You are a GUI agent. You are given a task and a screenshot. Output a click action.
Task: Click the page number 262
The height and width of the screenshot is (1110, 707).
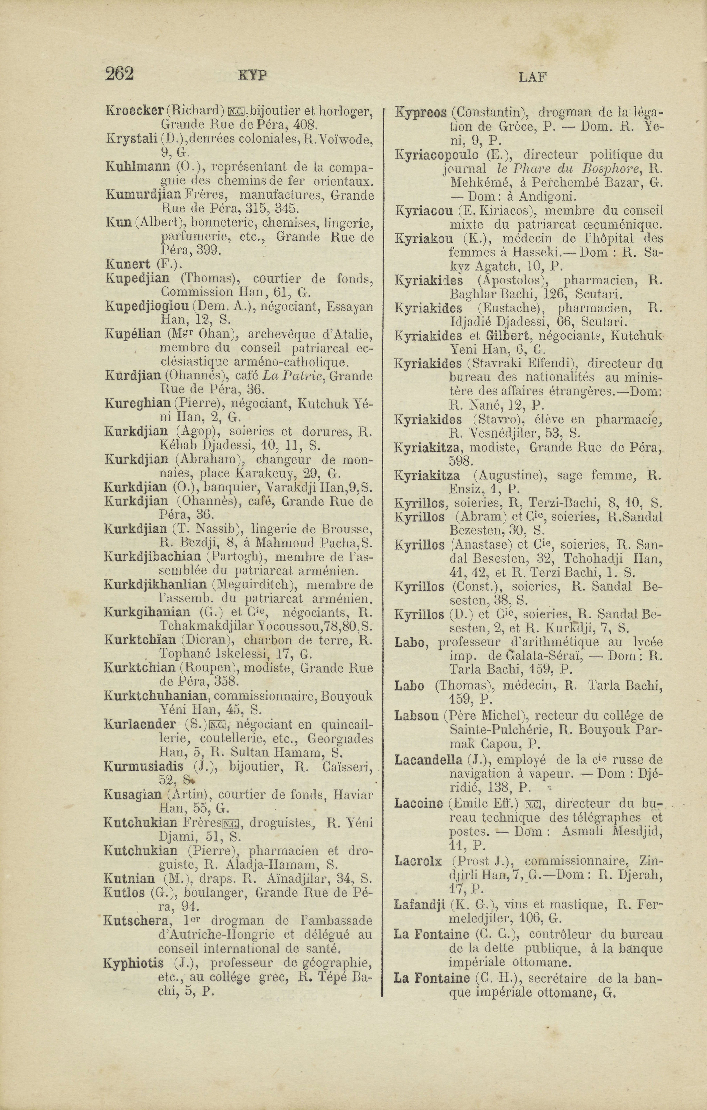click(x=119, y=74)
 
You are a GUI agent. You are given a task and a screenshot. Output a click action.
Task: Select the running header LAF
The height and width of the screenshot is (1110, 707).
click(x=533, y=77)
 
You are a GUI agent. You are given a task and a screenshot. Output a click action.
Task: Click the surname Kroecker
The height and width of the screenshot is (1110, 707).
click(x=135, y=111)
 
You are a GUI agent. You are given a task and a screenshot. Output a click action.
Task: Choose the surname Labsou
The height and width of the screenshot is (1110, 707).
click(x=416, y=716)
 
